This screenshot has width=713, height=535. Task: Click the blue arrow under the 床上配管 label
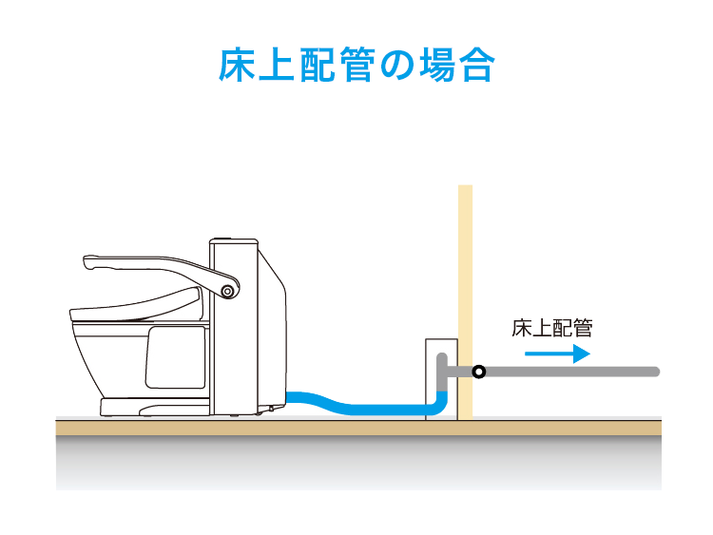(x=557, y=353)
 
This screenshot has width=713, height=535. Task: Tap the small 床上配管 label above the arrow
(x=551, y=329)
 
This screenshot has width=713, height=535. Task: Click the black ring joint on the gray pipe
(x=479, y=372)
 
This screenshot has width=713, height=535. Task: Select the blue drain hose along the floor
(x=361, y=408)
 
